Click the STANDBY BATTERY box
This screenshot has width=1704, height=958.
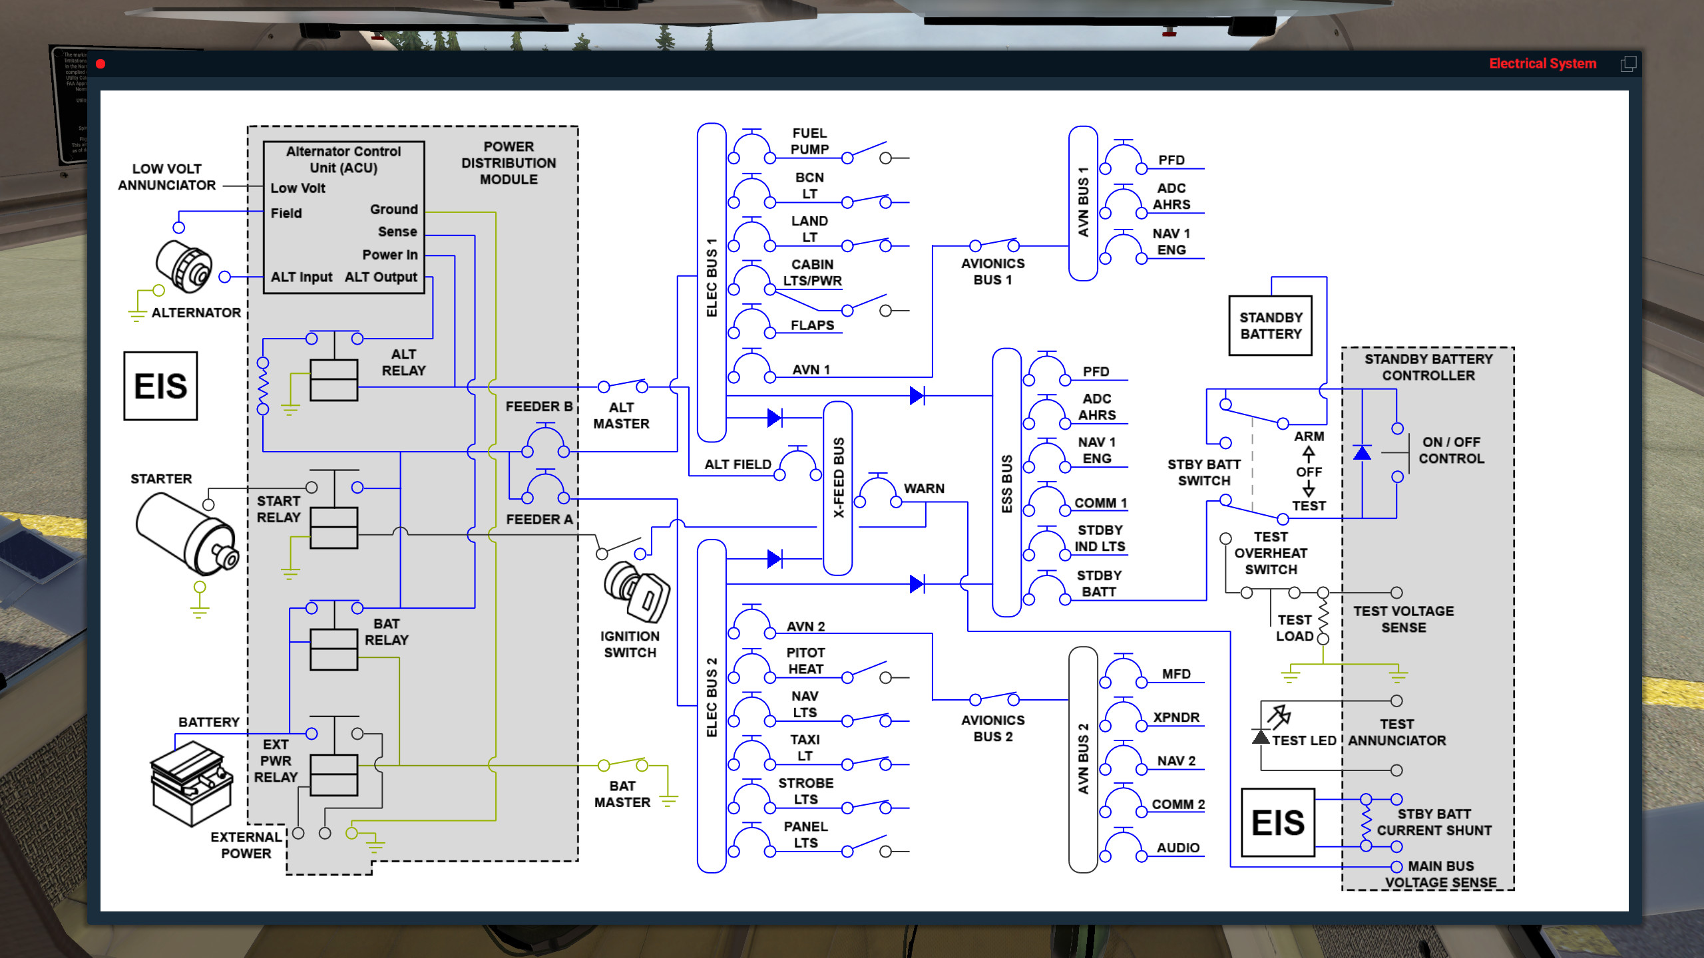tap(1270, 325)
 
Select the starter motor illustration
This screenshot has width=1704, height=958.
tap(186, 534)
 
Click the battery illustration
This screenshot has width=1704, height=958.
tap(192, 782)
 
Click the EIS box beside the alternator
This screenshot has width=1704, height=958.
tap(160, 386)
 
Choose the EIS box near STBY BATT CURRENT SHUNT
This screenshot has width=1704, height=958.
tap(1277, 822)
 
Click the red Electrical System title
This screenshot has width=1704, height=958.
tap(1542, 64)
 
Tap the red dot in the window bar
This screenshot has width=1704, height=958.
tap(101, 64)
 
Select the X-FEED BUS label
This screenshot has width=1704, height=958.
tap(838, 477)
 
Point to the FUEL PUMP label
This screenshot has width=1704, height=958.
tap(809, 141)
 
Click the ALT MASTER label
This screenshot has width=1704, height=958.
tap(621, 415)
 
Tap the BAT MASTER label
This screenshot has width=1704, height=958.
tap(622, 794)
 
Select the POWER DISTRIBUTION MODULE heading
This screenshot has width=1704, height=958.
tap(509, 163)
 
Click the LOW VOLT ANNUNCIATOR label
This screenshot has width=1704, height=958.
tap(166, 177)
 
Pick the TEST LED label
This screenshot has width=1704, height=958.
tap(1303, 740)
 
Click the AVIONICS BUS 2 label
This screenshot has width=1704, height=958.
tap(992, 728)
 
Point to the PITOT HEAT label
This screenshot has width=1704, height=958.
tap(805, 661)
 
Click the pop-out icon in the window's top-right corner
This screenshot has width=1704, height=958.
tap(1627, 64)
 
